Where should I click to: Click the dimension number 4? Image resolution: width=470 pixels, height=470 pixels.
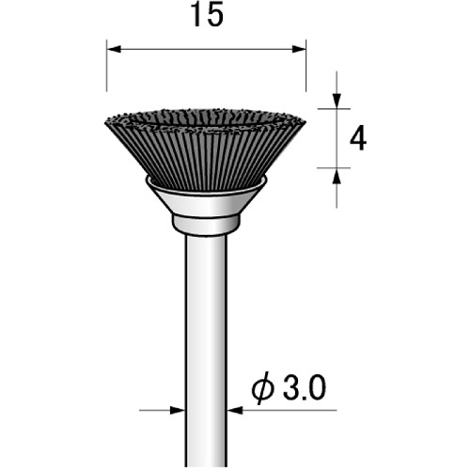(x=358, y=139)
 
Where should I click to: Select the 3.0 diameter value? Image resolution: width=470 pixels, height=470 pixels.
(x=305, y=388)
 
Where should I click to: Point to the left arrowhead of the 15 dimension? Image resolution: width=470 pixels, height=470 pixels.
(x=114, y=49)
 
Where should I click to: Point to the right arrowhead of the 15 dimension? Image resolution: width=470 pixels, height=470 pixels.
(x=299, y=49)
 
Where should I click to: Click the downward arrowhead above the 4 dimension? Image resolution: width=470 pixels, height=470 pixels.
(x=337, y=101)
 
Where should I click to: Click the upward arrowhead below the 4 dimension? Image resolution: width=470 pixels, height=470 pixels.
(x=337, y=176)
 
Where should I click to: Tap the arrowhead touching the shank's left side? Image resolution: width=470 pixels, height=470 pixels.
(x=177, y=410)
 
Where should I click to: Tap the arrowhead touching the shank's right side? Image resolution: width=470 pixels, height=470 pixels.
(x=235, y=410)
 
